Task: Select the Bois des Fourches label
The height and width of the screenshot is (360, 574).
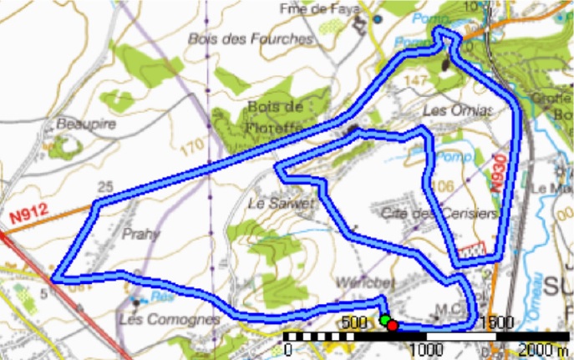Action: (250, 38)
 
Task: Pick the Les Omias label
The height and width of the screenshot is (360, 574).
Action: (458, 110)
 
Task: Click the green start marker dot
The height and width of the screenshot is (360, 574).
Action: (384, 320)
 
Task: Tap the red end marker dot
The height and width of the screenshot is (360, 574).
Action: (392, 325)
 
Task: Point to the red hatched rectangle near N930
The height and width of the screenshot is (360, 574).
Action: (473, 251)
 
